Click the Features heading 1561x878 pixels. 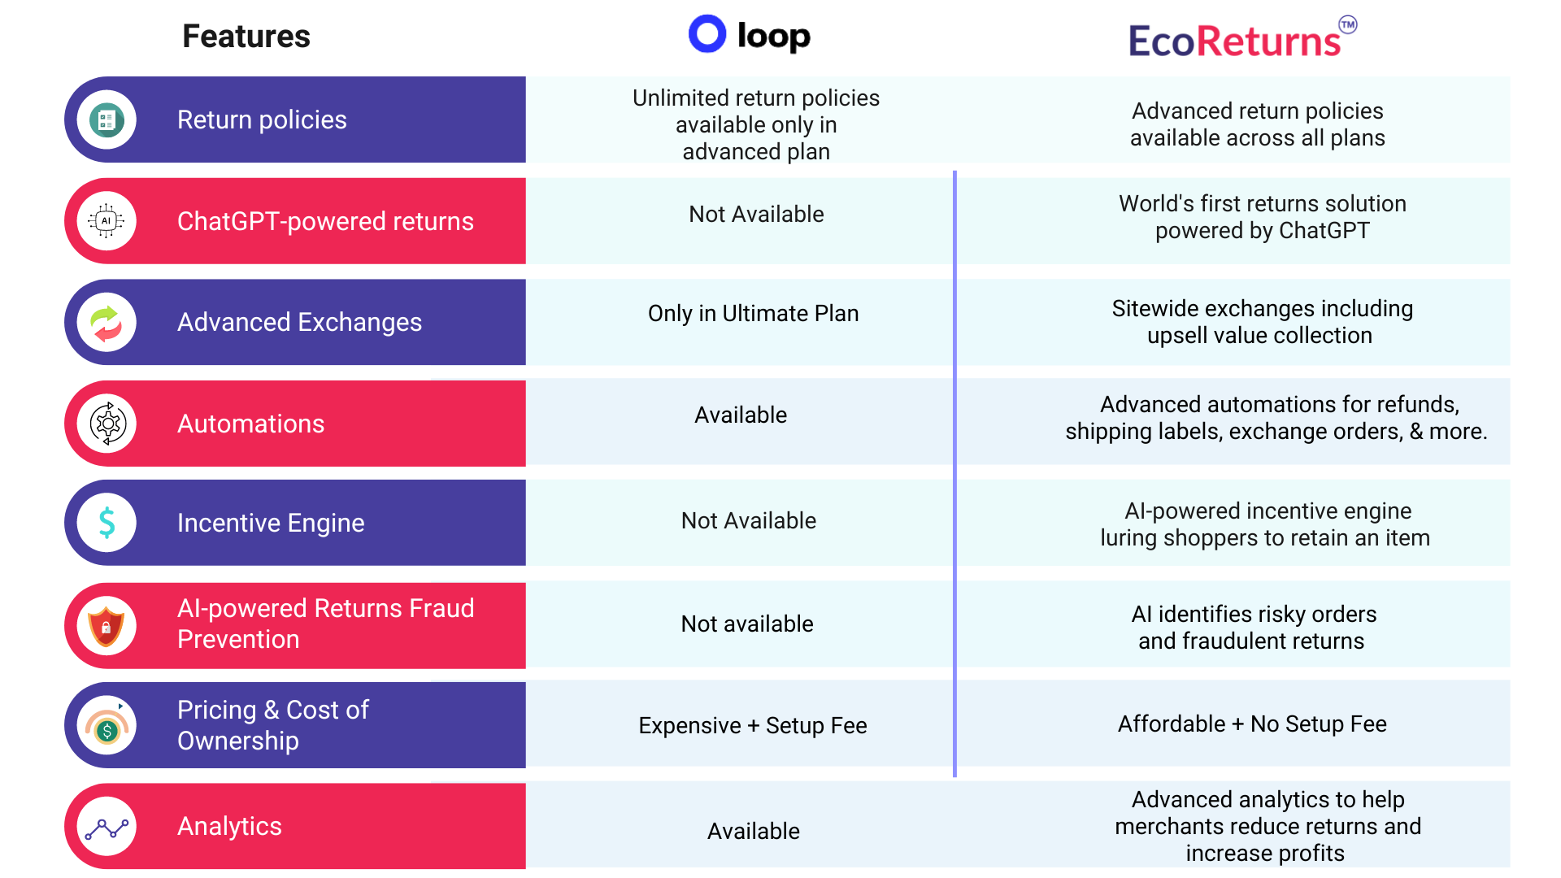pos(246,37)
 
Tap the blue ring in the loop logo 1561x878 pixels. pos(707,34)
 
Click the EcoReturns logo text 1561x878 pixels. pos(1233,41)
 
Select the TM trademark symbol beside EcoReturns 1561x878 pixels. pos(1347,24)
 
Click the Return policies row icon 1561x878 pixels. pos(107,120)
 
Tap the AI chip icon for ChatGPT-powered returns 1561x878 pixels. pos(107,221)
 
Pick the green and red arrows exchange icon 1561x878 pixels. pos(107,323)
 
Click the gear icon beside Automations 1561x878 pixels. pos(107,424)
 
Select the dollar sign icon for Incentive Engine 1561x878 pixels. pos(107,523)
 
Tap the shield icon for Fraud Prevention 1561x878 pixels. pos(107,626)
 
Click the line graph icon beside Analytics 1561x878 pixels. pos(107,828)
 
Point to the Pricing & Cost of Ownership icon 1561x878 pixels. pos(107,726)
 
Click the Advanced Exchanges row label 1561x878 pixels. pos(299,323)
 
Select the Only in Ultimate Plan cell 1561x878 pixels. pos(753,314)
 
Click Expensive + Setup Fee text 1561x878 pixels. pos(752,725)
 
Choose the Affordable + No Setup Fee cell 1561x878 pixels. pos(1252,724)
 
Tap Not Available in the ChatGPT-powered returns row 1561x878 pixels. pos(756,215)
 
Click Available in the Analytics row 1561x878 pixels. pos(753,831)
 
